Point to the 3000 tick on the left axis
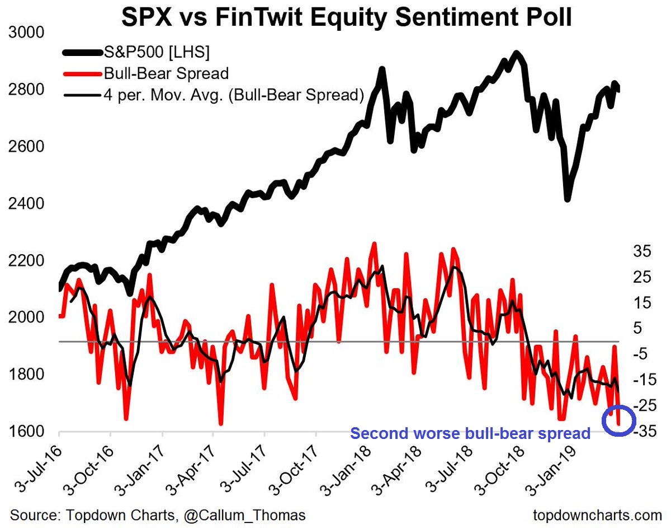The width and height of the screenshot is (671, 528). pos(27,32)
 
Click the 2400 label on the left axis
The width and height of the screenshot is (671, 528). pos(27,204)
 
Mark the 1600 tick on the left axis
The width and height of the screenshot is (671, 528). pos(27,432)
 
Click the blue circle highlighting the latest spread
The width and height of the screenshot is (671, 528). pos(619,420)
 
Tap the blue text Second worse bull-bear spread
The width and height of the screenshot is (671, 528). pos(470,433)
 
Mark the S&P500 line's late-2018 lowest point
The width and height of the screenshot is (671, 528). pos(567,199)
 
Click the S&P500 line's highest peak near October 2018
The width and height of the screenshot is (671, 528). pos(517,54)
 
